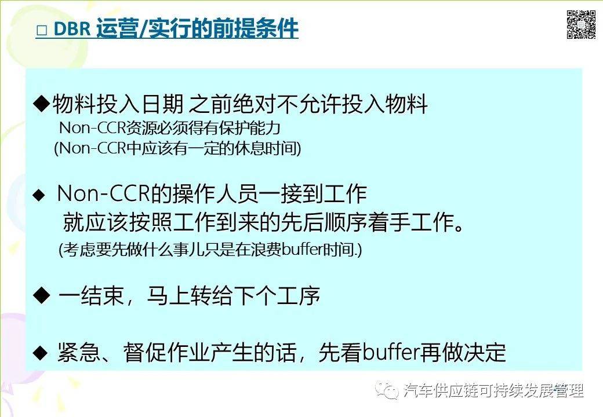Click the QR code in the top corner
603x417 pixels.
coord(581,25)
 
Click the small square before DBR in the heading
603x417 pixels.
coord(41,31)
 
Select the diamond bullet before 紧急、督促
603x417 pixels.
coord(39,352)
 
